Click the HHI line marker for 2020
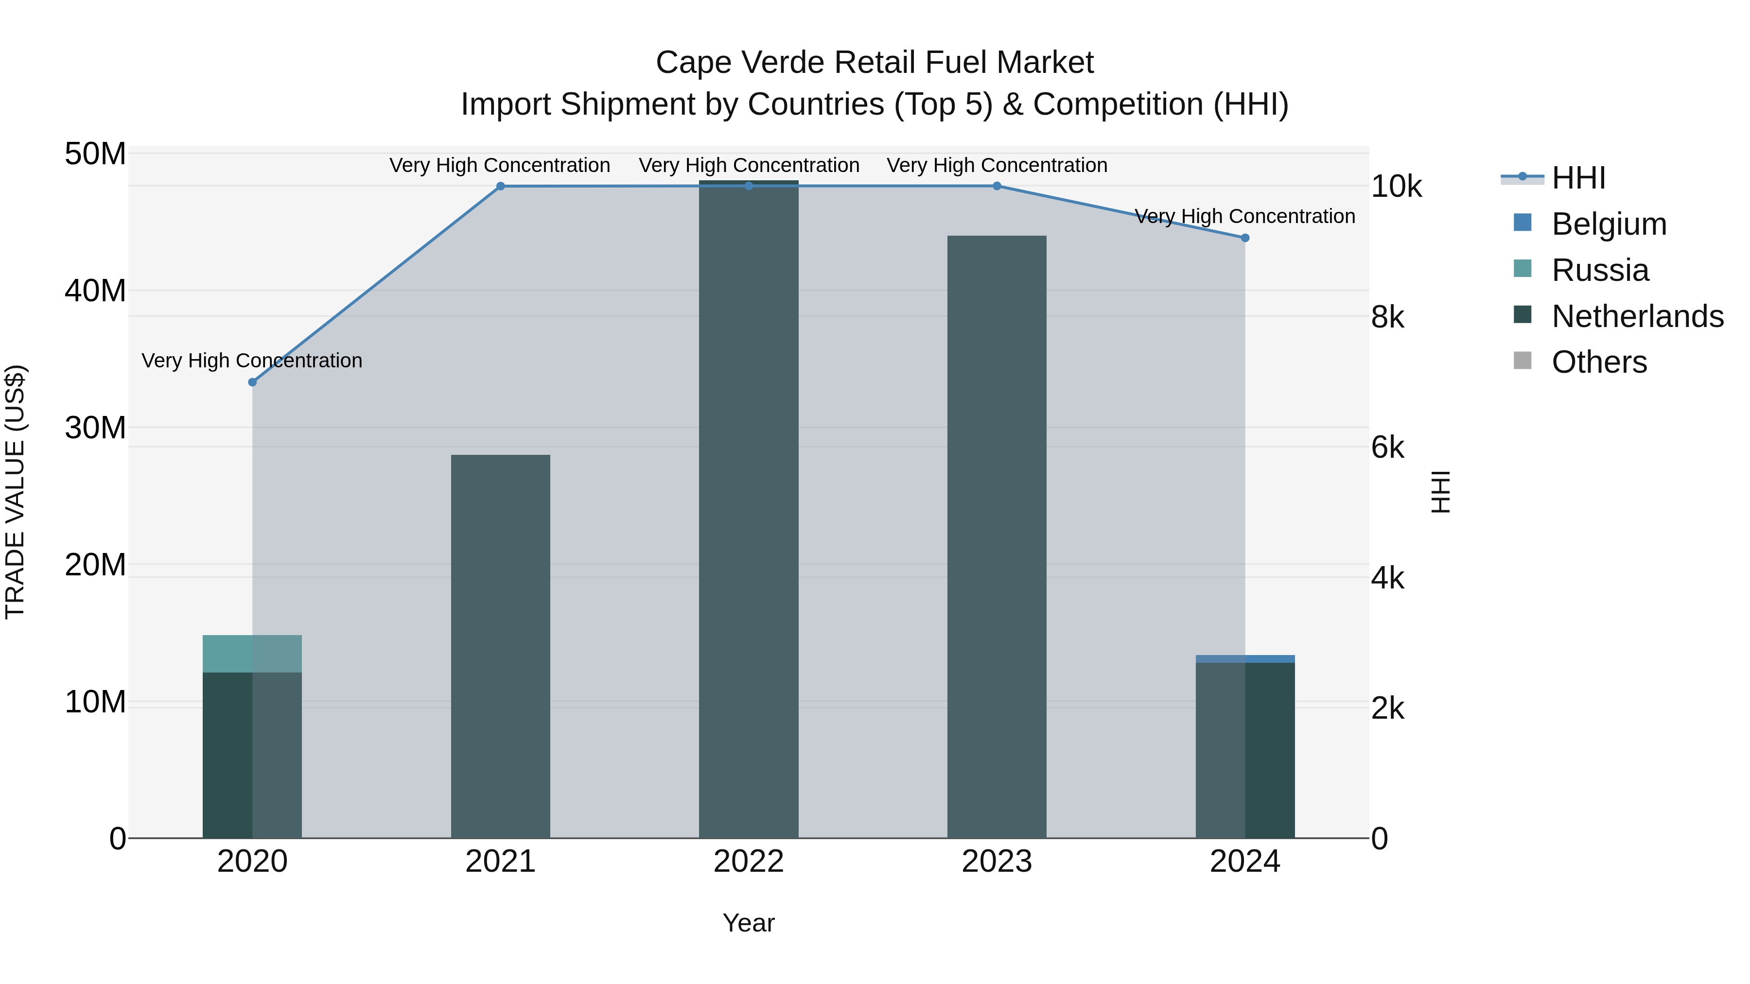(252, 382)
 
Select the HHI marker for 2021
(501, 186)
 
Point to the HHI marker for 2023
(997, 186)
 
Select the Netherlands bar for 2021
(501, 646)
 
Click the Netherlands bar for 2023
(997, 536)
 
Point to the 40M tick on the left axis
(95, 291)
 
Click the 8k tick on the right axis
(1387, 317)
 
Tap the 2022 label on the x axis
(749, 862)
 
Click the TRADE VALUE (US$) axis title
(15, 492)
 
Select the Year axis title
(749, 923)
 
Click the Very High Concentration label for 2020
(252, 361)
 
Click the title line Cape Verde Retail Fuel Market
(875, 63)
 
